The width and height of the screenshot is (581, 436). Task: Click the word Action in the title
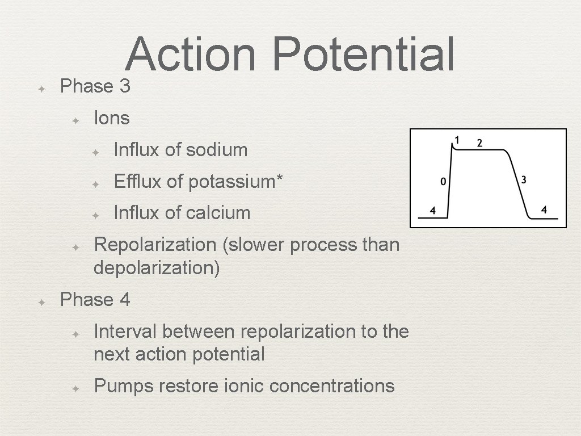(191, 54)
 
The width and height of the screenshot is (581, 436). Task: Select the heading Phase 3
(95, 86)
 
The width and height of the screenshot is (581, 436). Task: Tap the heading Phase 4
(95, 299)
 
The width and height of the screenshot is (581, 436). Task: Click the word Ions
(112, 118)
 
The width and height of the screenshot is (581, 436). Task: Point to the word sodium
(217, 150)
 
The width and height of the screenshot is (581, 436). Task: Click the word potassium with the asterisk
(235, 182)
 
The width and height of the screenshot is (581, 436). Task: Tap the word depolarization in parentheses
(156, 267)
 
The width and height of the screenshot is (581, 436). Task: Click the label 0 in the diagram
(443, 182)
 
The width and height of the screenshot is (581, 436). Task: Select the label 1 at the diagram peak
(457, 140)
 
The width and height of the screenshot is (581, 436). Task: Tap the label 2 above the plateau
(479, 143)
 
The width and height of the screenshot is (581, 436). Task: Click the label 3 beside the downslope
(523, 180)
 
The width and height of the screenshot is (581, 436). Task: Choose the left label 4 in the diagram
(432, 211)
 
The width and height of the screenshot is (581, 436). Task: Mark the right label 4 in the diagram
(544, 209)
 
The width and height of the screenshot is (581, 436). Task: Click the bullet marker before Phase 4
(41, 303)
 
